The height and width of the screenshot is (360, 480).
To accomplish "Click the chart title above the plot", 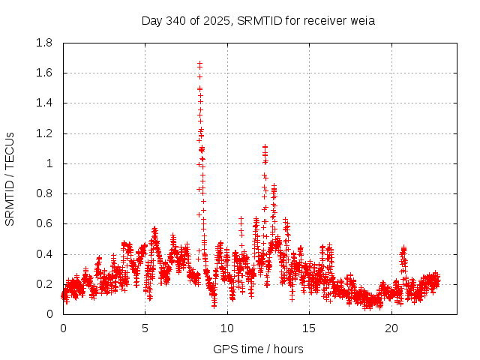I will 258,20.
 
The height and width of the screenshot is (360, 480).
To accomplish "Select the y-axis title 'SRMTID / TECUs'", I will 10,178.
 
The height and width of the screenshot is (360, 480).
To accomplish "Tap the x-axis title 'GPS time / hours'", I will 259,349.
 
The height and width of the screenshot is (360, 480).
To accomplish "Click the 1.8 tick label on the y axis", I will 44,43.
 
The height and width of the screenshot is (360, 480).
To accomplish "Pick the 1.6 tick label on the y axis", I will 44,73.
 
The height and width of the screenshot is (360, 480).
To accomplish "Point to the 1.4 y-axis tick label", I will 44,103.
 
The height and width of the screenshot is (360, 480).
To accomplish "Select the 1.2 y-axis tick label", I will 44,133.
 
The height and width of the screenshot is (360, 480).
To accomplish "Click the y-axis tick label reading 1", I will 51,163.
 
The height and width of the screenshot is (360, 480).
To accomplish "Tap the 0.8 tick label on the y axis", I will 44,193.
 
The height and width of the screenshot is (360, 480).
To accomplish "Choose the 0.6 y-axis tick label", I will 44,223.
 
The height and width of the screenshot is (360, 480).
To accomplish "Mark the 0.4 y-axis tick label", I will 44,254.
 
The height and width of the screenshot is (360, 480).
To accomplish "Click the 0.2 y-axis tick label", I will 44,284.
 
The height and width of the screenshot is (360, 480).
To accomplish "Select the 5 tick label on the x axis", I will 145,328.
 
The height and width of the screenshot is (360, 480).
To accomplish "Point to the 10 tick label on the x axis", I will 227,328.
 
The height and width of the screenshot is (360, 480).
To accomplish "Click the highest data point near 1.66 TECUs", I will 199,64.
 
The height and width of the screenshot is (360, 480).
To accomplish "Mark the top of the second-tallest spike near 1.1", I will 265,147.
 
